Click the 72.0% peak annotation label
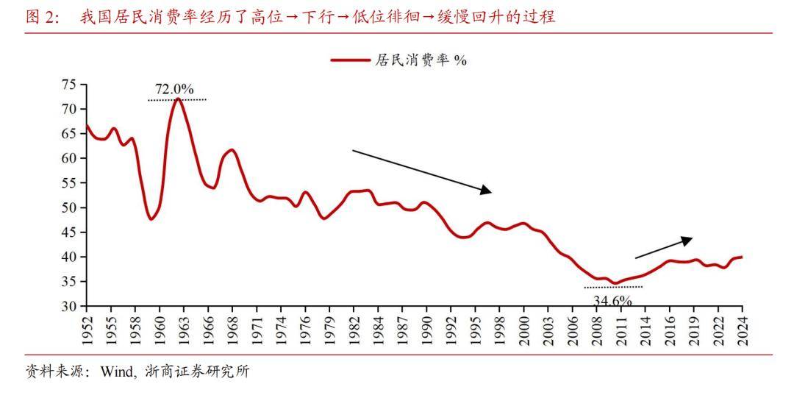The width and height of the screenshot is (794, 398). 174,90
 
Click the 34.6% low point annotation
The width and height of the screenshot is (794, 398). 612,299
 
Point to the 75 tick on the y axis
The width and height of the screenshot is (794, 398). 68,85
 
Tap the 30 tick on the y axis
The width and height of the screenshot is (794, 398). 68,306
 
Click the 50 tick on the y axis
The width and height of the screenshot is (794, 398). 68,207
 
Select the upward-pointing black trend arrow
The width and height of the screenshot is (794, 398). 663,248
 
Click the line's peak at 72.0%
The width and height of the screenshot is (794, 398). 178,99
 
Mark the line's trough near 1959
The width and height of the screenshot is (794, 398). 151,219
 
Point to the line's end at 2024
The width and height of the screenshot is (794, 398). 741,257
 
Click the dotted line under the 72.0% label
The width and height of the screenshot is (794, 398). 177,99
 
